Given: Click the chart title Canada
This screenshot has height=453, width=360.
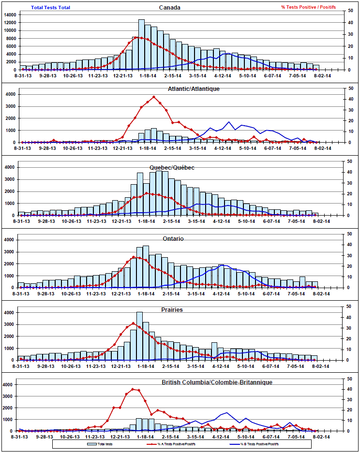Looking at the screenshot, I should [170, 7].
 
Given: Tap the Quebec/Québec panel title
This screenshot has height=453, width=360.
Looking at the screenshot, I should [171, 167].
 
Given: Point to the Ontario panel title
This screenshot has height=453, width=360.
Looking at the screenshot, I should [173, 238].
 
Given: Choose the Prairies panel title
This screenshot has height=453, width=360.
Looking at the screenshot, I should [173, 309].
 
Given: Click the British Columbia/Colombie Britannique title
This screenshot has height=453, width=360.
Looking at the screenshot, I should [217, 382].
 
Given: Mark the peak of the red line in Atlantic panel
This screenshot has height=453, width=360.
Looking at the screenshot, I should [154, 97].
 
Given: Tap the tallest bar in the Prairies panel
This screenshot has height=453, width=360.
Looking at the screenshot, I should [139, 336].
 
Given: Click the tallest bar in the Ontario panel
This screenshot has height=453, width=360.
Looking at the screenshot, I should [146, 267].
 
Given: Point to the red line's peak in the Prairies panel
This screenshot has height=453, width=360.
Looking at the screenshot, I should [133, 322].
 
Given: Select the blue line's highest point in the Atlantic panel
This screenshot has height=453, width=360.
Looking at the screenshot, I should [229, 122].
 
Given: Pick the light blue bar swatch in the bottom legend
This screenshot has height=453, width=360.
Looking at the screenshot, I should [92, 443].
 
